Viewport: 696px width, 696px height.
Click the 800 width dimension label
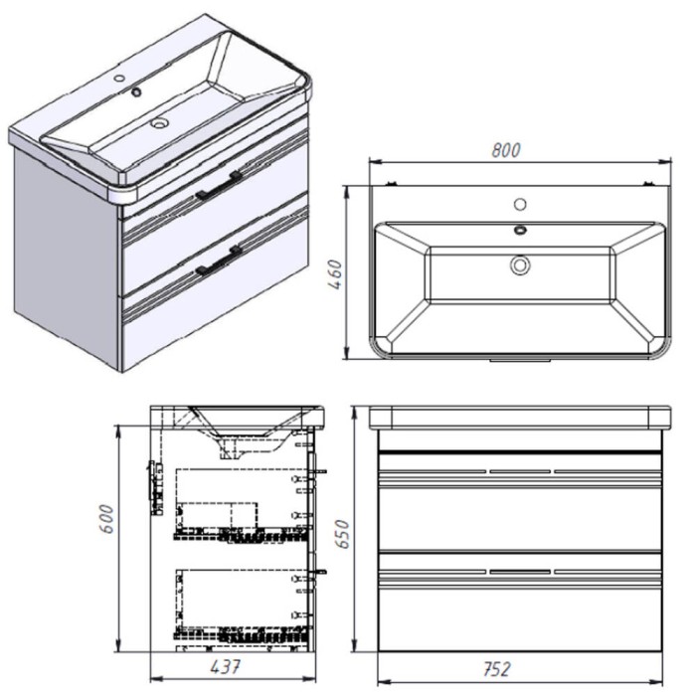[505, 150]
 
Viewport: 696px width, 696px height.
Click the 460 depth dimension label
[336, 274]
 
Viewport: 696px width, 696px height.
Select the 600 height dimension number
[107, 518]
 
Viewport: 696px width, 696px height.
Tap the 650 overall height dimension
[342, 534]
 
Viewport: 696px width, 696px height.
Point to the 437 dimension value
[225, 666]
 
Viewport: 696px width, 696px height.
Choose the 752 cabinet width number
[497, 669]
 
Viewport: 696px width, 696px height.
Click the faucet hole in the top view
[520, 204]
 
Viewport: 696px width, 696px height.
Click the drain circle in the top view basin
[520, 265]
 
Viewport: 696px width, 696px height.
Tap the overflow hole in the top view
[520, 230]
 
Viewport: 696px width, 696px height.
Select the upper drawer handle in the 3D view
[220, 186]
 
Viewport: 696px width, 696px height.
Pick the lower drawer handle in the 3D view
[220, 261]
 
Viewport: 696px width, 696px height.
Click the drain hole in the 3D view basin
[158, 122]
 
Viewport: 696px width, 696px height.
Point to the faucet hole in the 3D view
[119, 79]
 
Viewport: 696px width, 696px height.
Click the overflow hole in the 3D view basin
[136, 92]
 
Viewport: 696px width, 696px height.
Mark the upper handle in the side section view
[319, 471]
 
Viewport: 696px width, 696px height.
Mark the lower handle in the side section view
[319, 572]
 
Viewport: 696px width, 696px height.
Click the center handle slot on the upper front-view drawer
[520, 471]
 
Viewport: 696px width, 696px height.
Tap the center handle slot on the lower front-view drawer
[520, 572]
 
